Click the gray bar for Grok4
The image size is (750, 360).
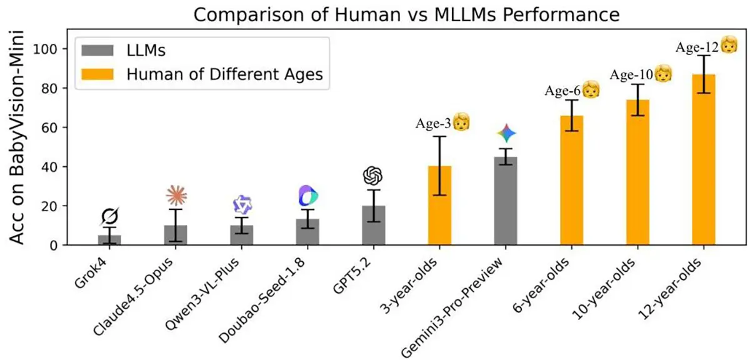pyautogui.click(x=109, y=240)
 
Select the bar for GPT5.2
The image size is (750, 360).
pyautogui.click(x=373, y=226)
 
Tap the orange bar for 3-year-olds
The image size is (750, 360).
pyautogui.click(x=439, y=206)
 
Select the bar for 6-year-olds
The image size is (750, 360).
pyautogui.click(x=572, y=181)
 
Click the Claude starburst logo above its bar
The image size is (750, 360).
pyautogui.click(x=176, y=196)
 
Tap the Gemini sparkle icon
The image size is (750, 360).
pyautogui.click(x=506, y=133)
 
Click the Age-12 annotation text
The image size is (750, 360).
pyautogui.click(x=696, y=47)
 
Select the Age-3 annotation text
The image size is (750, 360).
pyautogui.click(x=434, y=122)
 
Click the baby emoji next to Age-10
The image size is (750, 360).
pyautogui.click(x=664, y=74)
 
